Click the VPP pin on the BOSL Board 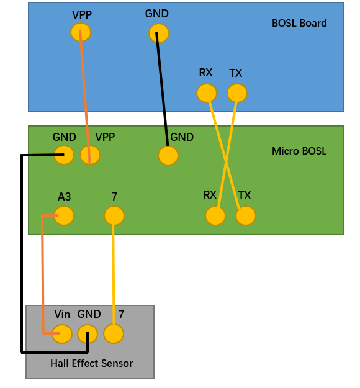(81, 32)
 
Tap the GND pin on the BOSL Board (159, 33)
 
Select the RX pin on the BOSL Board (207, 93)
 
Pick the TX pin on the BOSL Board (237, 93)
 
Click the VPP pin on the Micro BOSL (90, 155)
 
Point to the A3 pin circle (64, 216)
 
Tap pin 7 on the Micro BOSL (114, 216)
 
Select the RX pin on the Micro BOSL (215, 216)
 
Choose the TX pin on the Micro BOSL (246, 216)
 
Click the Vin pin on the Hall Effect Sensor (62, 334)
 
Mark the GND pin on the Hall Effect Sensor (88, 334)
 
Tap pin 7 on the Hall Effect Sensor (114, 334)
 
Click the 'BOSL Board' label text (299, 23)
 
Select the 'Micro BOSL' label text (299, 151)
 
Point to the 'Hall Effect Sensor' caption (91, 363)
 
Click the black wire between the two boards (162, 89)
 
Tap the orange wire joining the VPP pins (85, 97)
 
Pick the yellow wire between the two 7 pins (114, 274)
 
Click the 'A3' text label (65, 197)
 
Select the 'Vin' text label (62, 314)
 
